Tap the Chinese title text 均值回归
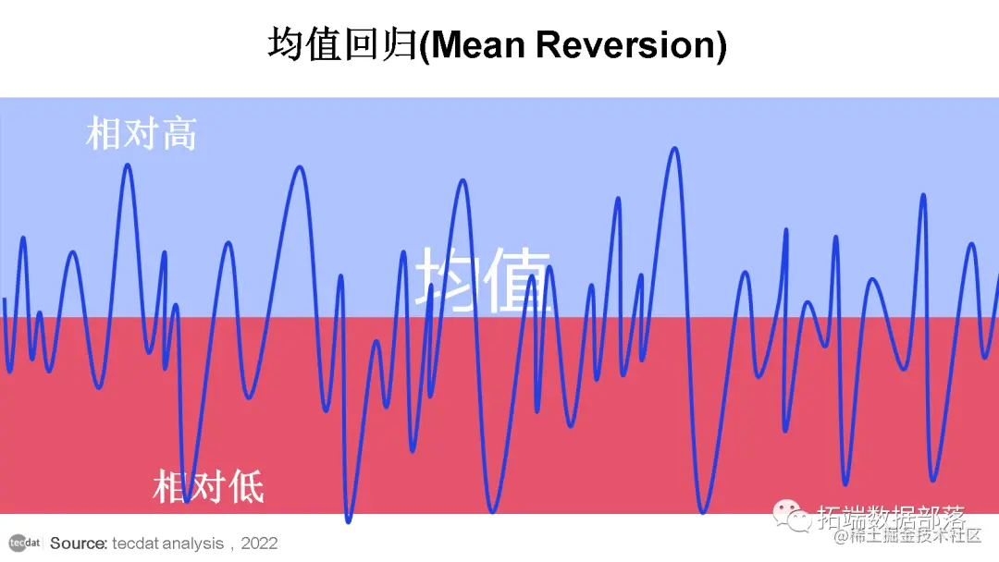pyautogui.click(x=342, y=45)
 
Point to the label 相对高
pyautogui.click(x=142, y=134)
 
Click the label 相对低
pyautogui.click(x=208, y=486)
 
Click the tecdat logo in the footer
pyautogui.click(x=25, y=543)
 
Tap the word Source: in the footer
pyautogui.click(x=79, y=544)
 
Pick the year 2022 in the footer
pyautogui.click(x=259, y=544)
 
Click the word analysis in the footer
pyautogui.click(x=191, y=544)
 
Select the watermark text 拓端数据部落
pyautogui.click(x=892, y=517)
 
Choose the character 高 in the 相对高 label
pyautogui.click(x=179, y=134)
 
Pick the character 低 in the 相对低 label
pyautogui.click(x=246, y=486)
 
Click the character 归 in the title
pyautogui.click(x=400, y=45)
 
